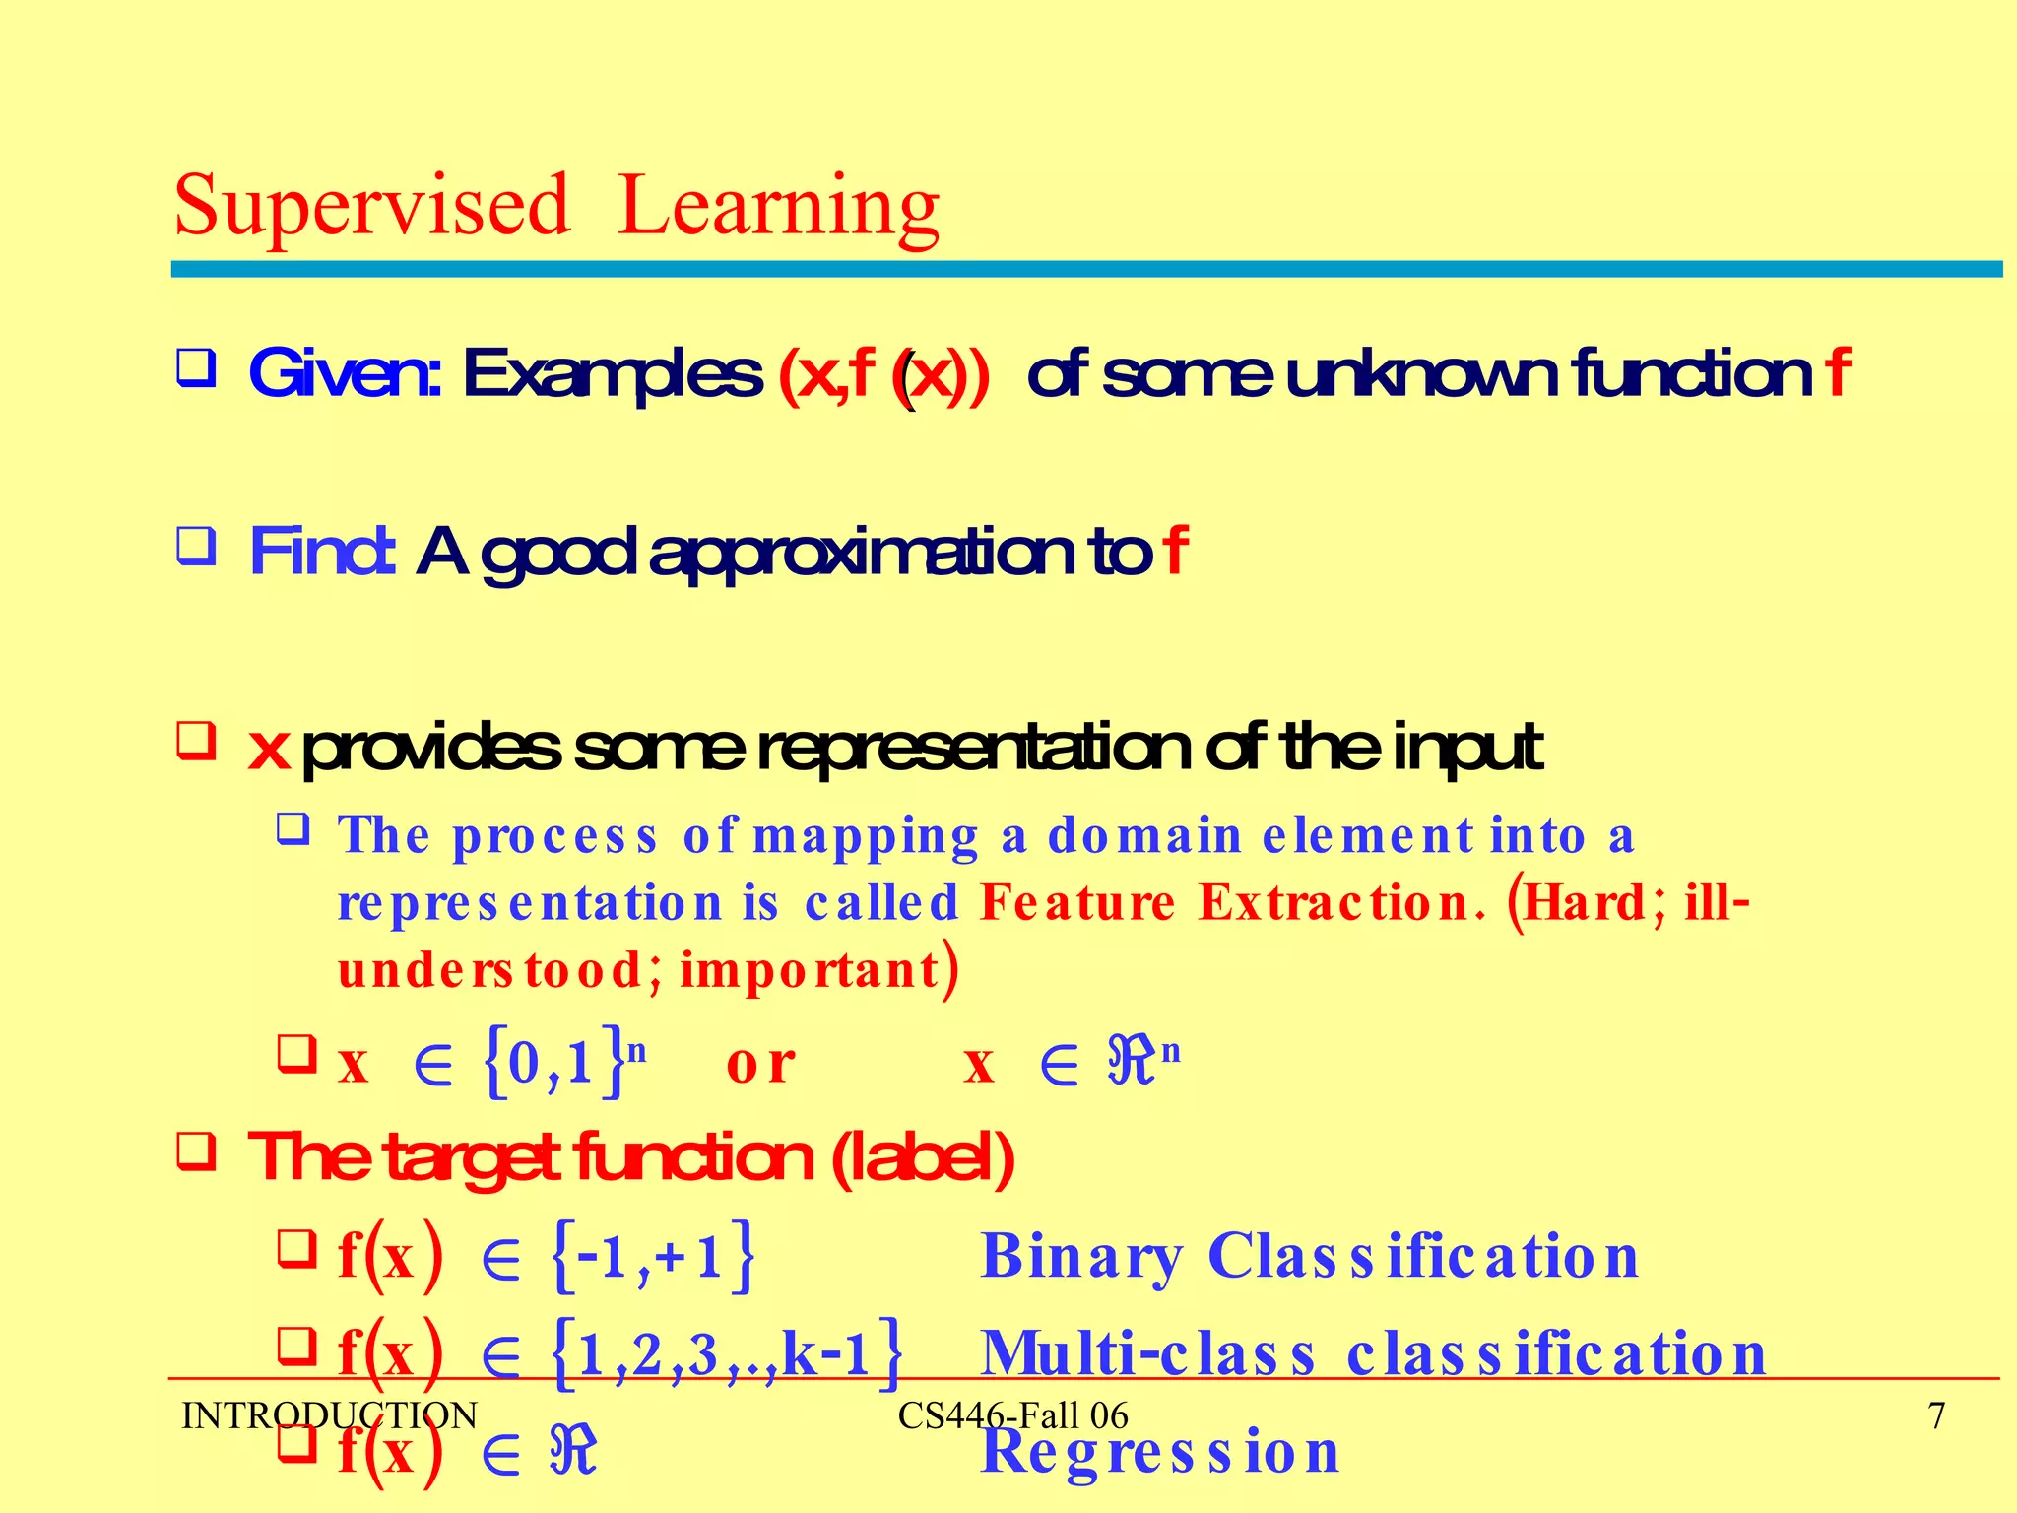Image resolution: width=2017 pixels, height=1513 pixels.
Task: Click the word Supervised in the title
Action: tap(372, 207)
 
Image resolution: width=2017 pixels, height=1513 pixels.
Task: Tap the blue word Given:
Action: tap(345, 374)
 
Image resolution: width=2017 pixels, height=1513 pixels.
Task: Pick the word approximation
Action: tap(863, 554)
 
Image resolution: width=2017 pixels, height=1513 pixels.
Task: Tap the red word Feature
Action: tap(1077, 902)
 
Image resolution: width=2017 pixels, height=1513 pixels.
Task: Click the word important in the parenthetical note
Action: tap(810, 969)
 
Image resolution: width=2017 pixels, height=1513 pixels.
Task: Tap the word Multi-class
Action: tap(1148, 1353)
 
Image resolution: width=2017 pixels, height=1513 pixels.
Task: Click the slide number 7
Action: tap(1936, 1416)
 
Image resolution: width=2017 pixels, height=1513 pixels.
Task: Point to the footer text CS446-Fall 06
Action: tap(1012, 1416)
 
